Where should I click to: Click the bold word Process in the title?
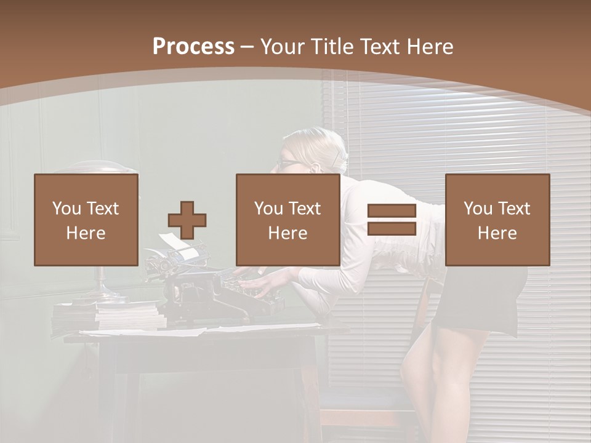coord(193,47)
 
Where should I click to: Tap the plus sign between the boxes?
coord(187,220)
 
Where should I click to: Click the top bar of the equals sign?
coord(392,211)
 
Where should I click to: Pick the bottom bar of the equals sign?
coord(392,229)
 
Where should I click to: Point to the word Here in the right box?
coord(497,233)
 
